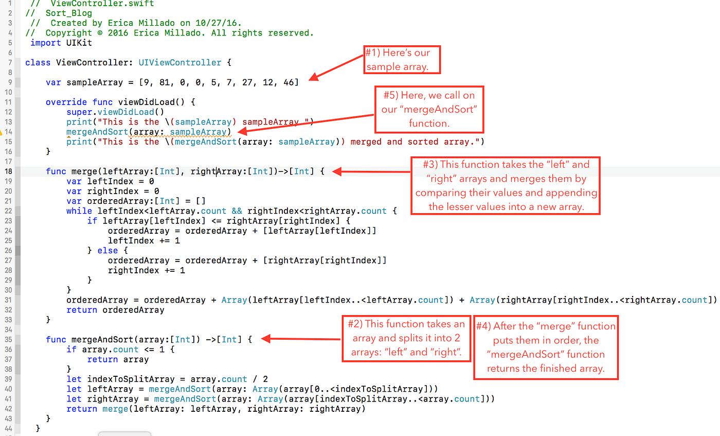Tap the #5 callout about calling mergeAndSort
click(x=429, y=109)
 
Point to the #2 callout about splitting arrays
click(x=406, y=338)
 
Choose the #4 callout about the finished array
click(x=546, y=347)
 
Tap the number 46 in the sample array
click(x=289, y=82)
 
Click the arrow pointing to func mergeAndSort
click(x=301, y=339)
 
